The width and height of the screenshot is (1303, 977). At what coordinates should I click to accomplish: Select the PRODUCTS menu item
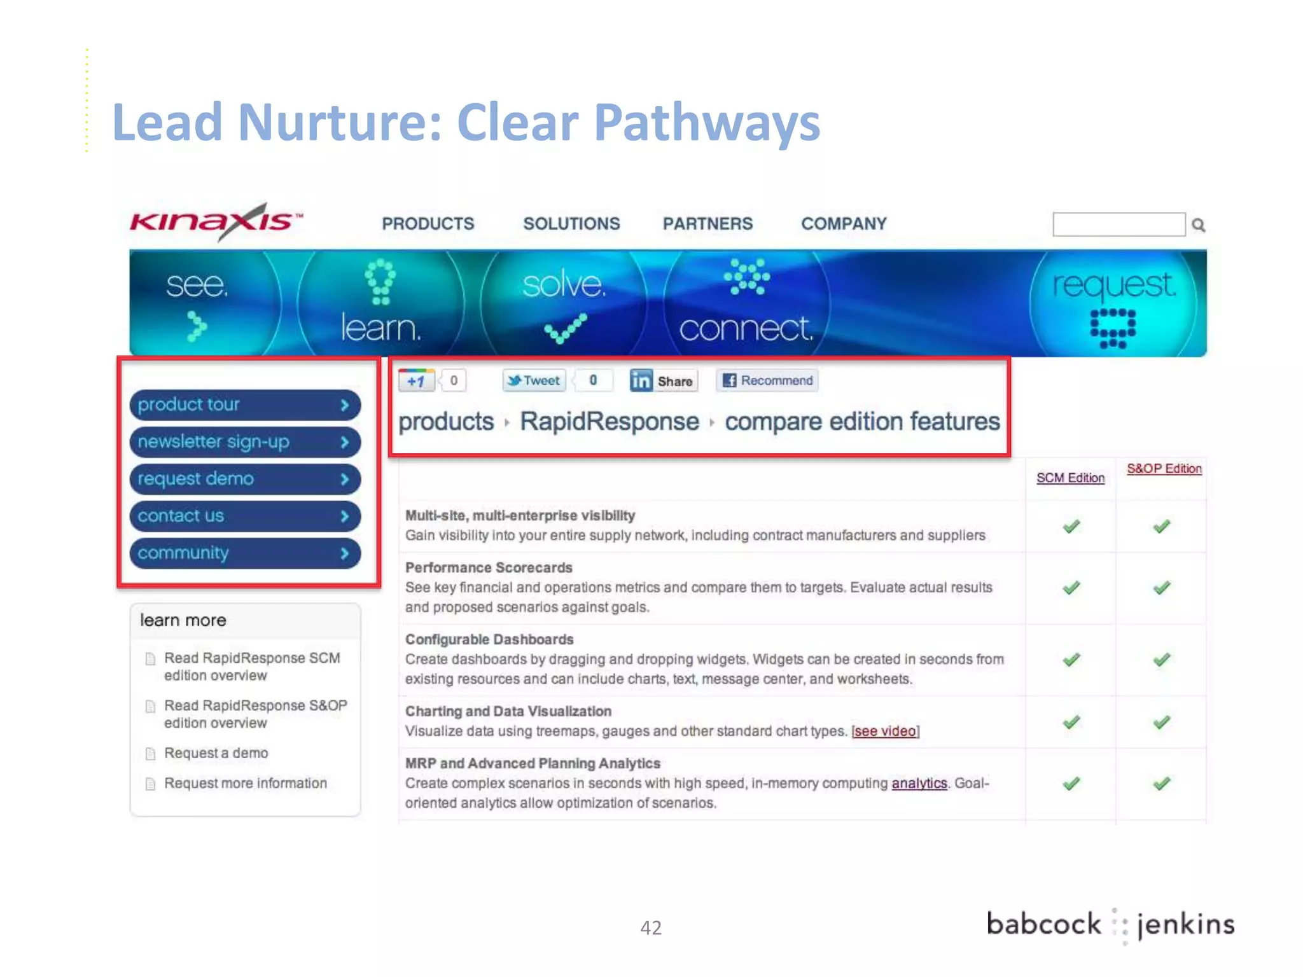tap(428, 224)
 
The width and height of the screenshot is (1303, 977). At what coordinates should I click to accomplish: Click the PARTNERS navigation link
tap(707, 224)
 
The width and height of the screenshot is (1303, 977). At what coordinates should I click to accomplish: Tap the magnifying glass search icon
tap(1199, 225)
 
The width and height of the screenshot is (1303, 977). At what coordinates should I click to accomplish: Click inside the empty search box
tap(1118, 225)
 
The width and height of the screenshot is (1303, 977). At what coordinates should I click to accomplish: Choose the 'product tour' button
tap(245, 405)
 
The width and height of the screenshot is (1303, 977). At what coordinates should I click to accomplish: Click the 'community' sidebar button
tap(245, 553)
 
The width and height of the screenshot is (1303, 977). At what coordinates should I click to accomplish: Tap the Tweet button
tap(534, 380)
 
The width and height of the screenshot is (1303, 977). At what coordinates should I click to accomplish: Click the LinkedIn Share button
tap(663, 380)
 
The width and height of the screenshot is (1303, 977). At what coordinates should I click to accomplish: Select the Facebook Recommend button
tap(767, 380)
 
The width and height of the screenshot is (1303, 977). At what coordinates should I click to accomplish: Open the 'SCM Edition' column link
tap(1070, 478)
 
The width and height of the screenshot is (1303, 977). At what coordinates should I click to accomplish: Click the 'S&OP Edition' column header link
tap(1164, 469)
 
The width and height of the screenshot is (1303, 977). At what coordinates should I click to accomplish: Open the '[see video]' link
tap(885, 731)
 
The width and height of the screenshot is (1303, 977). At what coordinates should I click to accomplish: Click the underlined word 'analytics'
tap(919, 783)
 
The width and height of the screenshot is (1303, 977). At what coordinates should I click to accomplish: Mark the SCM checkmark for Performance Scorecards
tap(1071, 588)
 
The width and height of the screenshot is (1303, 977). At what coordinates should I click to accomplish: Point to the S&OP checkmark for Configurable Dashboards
tap(1162, 660)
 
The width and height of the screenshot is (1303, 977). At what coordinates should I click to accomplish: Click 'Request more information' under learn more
tap(245, 783)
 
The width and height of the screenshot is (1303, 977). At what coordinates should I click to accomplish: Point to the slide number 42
tap(651, 928)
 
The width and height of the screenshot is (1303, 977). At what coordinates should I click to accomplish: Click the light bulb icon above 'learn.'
tap(380, 281)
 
